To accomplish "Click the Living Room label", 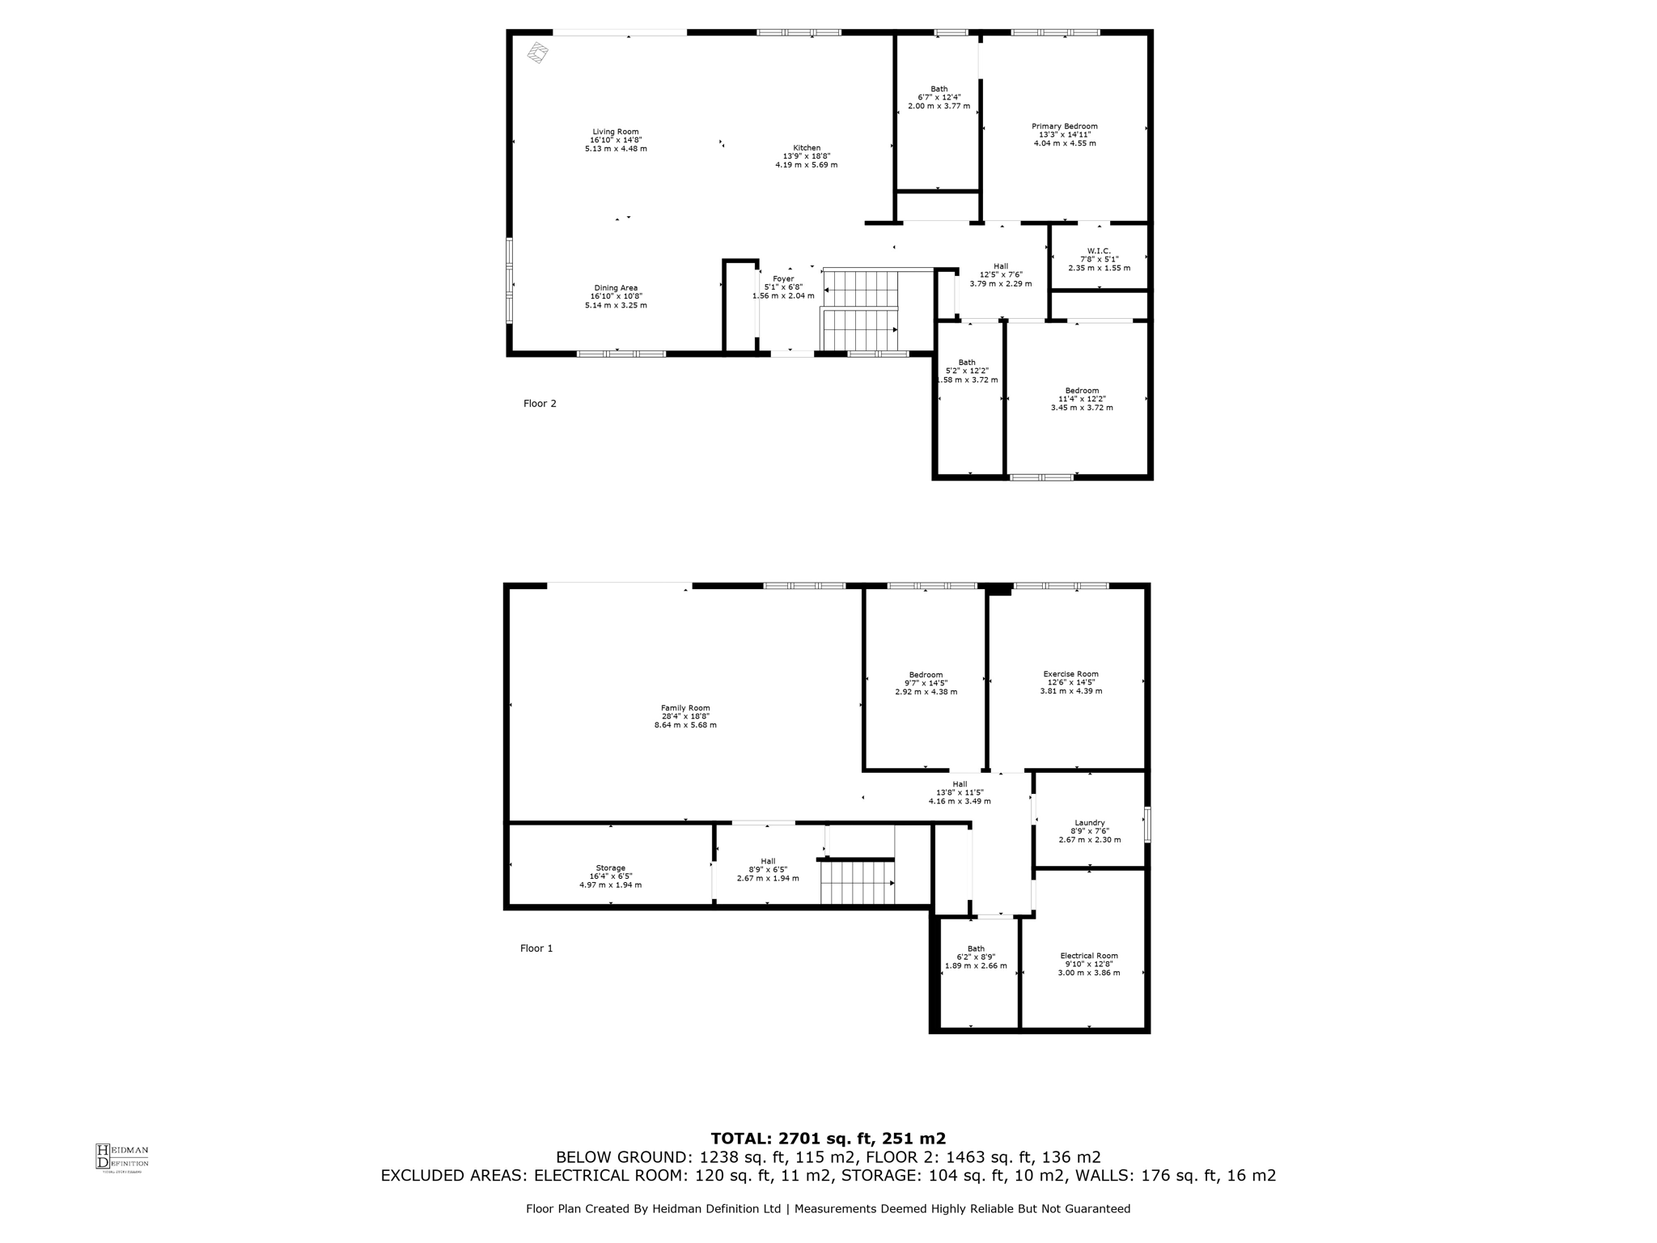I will pos(616,132).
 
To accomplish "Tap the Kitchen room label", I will pos(807,148).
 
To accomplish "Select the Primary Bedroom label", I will pos(1064,126).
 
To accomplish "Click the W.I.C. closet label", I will pos(1099,251).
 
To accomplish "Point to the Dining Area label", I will pos(616,288).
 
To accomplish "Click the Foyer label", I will pos(783,279).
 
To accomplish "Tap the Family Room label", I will pos(685,708).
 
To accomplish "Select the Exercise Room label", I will pos(1070,674).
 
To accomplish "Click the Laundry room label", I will pos(1090,823).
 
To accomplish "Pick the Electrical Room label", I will pos(1088,956).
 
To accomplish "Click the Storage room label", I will pos(610,868).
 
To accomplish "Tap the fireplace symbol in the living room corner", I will pos(538,53).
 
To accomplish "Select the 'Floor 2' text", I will pos(540,404).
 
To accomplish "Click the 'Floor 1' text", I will pos(536,948).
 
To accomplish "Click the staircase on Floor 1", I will pos(858,883).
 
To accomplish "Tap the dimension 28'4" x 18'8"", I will pos(685,716).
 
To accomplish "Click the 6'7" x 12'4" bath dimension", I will pos(939,97).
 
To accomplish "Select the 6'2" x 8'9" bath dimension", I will pos(976,957).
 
